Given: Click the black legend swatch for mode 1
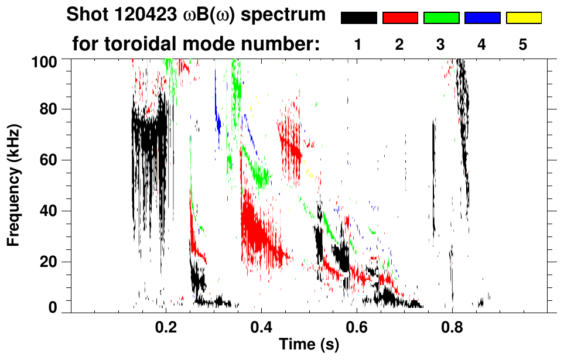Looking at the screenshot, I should (x=358, y=18).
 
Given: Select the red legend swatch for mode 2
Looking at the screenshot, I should (x=400, y=18).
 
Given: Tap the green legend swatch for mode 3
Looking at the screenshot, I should (x=441, y=18).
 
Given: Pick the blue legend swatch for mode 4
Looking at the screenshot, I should (x=482, y=18).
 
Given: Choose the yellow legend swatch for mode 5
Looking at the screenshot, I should (x=523, y=18).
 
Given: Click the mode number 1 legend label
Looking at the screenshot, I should (x=358, y=45).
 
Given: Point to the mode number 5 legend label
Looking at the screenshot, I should (x=523, y=45).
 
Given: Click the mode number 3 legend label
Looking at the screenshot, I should (x=441, y=45).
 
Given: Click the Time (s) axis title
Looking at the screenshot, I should (x=309, y=345).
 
